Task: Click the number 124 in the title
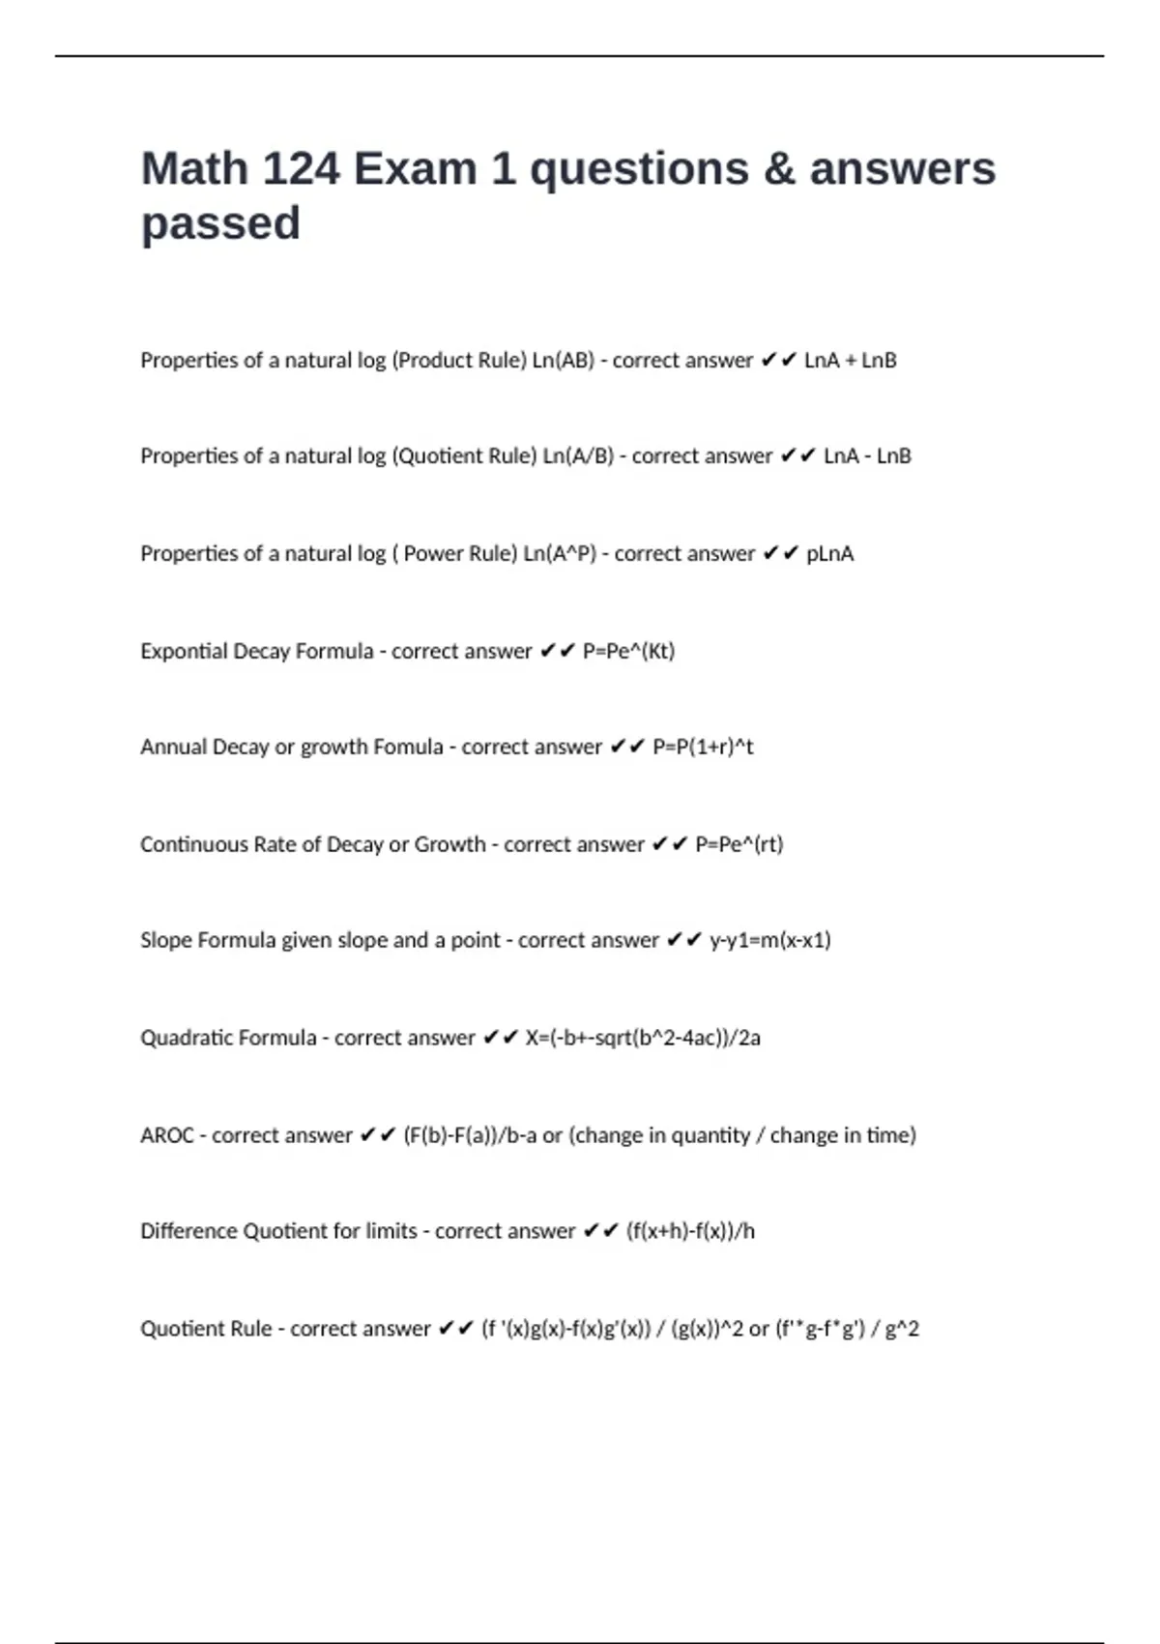(301, 169)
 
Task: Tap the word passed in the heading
(220, 224)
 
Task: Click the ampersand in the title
(779, 169)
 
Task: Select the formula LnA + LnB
(850, 361)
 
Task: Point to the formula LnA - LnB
(867, 456)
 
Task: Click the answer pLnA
(829, 554)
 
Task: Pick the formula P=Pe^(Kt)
(628, 651)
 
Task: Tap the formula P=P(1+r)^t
(703, 748)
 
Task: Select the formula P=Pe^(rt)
(739, 844)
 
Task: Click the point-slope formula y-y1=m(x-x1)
(769, 940)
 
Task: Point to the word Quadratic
(180, 1038)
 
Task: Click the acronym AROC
(167, 1135)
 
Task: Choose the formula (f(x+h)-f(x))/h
(690, 1231)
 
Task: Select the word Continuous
(193, 844)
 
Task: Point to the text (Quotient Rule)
(464, 456)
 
